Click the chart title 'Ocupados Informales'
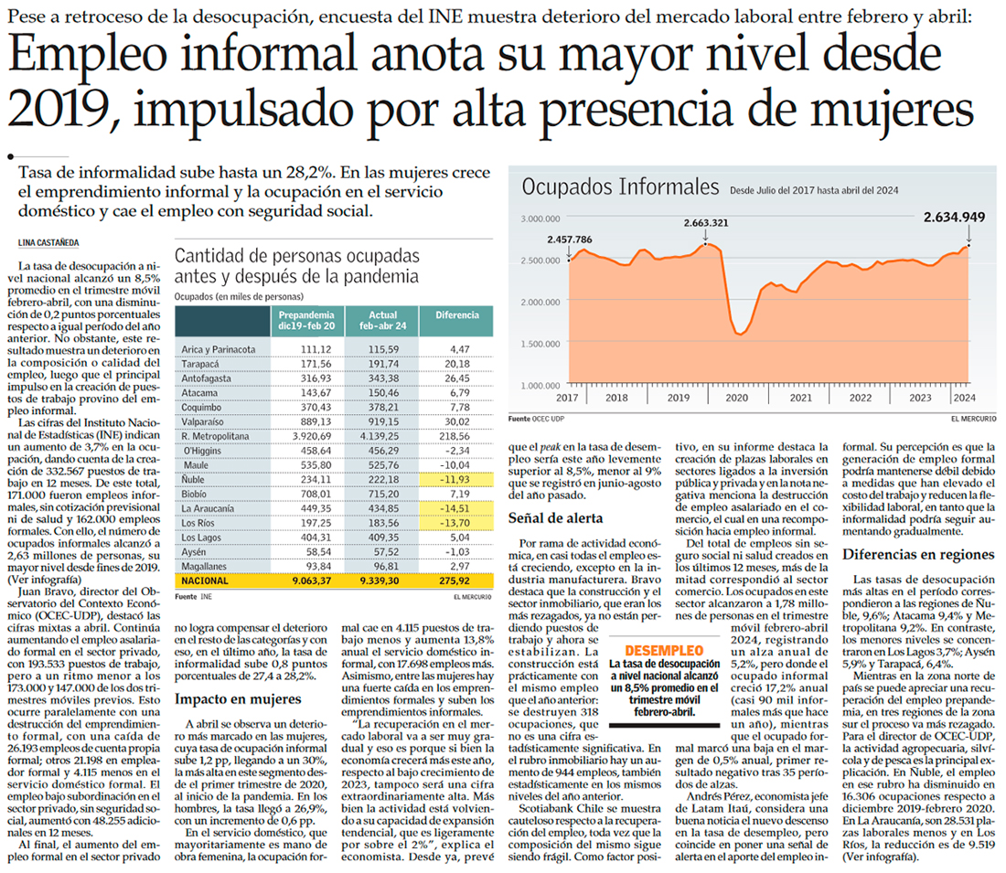click(619, 186)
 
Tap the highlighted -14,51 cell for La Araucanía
click(457, 507)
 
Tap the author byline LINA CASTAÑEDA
click(53, 242)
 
